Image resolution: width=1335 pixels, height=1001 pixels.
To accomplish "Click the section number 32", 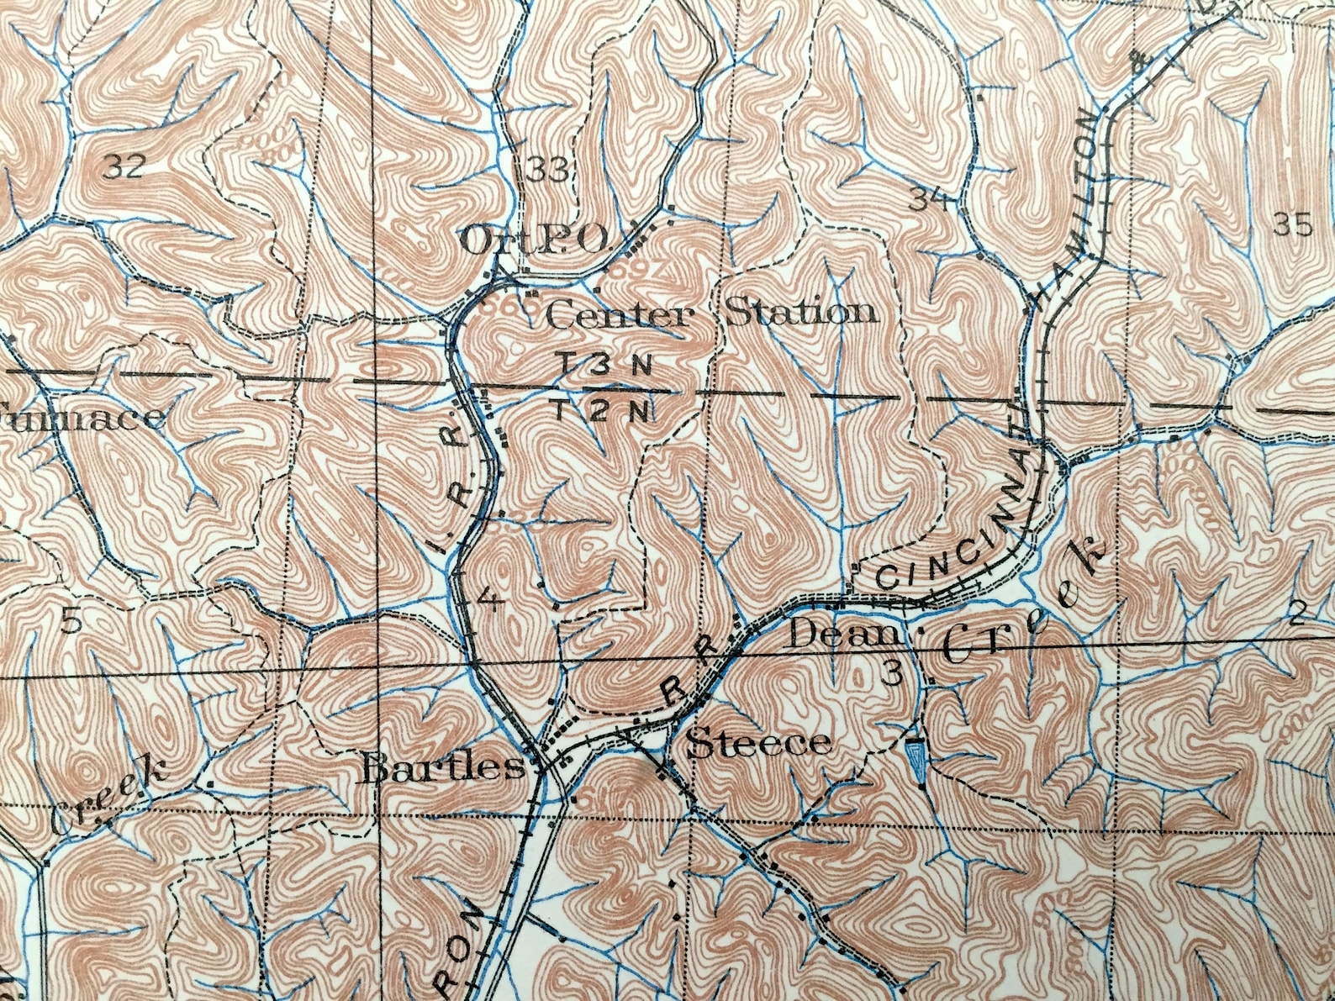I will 123,167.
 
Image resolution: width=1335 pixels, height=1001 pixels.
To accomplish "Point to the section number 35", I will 1292,224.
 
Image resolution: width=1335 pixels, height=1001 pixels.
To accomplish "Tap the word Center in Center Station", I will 620,316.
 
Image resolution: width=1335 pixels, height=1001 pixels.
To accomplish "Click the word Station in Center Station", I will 800,313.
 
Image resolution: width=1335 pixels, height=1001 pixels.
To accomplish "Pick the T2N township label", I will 602,411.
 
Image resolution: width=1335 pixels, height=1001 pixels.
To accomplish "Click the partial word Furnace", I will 80,417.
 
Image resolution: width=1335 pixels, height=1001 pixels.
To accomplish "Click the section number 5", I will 72,620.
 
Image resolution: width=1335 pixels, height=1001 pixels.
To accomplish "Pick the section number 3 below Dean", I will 893,672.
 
